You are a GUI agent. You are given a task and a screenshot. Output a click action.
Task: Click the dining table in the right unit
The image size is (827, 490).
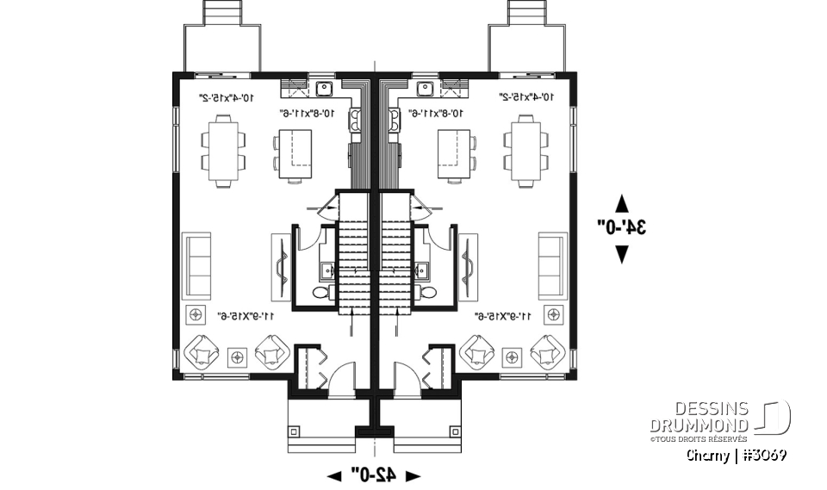click(x=526, y=151)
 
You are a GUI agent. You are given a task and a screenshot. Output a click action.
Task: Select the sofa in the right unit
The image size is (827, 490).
click(x=552, y=265)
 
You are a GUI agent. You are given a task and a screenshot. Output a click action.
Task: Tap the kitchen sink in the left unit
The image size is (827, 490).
click(x=326, y=88)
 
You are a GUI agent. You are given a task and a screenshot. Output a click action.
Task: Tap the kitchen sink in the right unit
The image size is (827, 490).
click(x=425, y=88)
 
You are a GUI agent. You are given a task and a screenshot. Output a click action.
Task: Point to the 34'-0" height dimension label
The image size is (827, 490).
click(x=622, y=227)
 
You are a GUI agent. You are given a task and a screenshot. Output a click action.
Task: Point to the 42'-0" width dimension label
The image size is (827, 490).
click(x=374, y=474)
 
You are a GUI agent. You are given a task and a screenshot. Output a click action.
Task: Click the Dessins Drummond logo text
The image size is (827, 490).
click(x=700, y=418)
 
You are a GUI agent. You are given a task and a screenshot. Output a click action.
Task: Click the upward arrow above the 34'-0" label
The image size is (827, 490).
click(x=622, y=203)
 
